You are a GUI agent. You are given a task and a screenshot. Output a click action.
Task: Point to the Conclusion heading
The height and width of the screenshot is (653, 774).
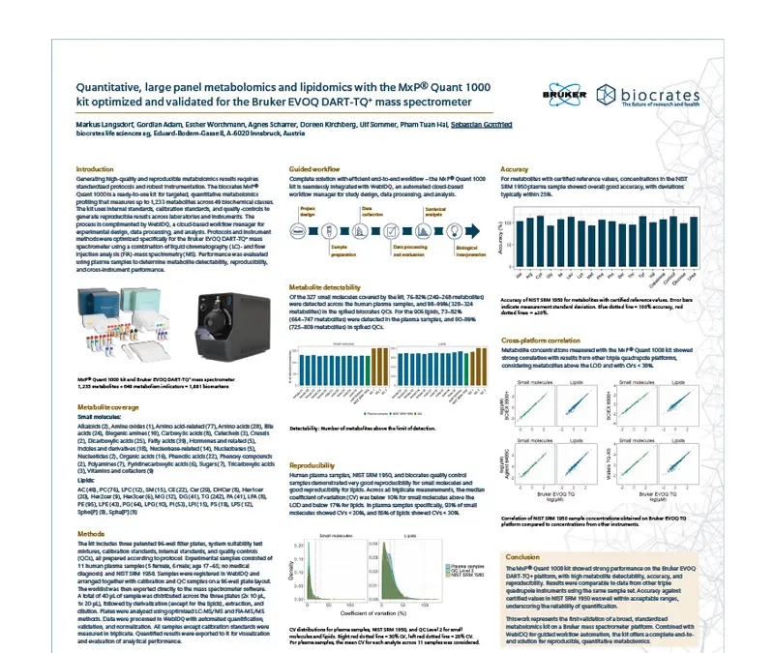pyautogui.click(x=522, y=556)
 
